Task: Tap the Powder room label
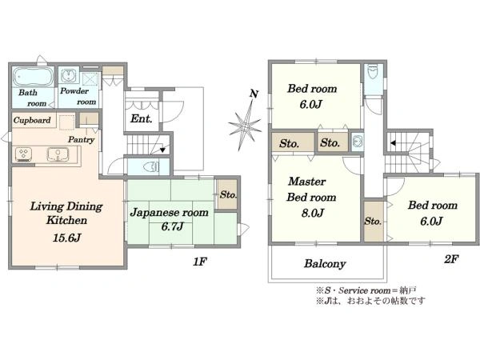pos(78,97)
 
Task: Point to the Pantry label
pos(82,139)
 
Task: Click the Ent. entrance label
pos(141,118)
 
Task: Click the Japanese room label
pos(170,213)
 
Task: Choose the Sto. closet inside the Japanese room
pos(228,194)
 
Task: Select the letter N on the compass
pos(254,94)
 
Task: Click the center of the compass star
pos(245,125)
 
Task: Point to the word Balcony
pos(324,263)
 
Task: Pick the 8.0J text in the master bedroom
pos(312,213)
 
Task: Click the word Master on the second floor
pos(308,182)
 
